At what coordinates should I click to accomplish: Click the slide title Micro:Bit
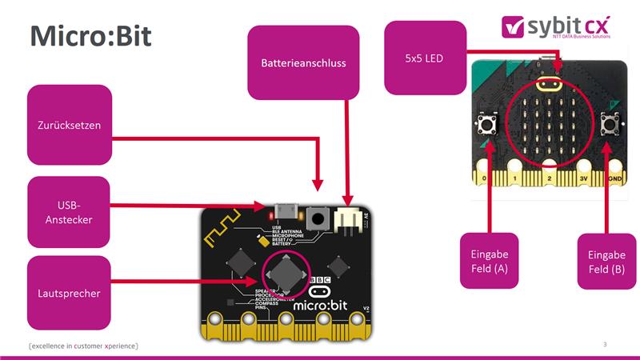click(x=90, y=37)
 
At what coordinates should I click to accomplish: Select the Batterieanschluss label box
click(x=303, y=62)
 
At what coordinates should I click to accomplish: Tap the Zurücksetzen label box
click(x=69, y=125)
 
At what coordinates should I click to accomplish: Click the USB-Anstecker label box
click(x=69, y=213)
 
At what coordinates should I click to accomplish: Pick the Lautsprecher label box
click(x=69, y=294)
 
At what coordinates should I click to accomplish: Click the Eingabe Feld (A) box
click(x=489, y=261)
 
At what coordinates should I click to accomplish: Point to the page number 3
click(x=605, y=344)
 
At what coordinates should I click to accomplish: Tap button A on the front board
click(x=486, y=123)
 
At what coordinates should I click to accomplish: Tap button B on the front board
click(x=608, y=123)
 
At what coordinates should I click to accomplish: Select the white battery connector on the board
click(x=348, y=216)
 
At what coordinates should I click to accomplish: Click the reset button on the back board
click(x=318, y=217)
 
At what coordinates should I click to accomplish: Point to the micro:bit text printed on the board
click(x=318, y=304)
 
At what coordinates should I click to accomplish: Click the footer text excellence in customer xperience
click(x=83, y=346)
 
